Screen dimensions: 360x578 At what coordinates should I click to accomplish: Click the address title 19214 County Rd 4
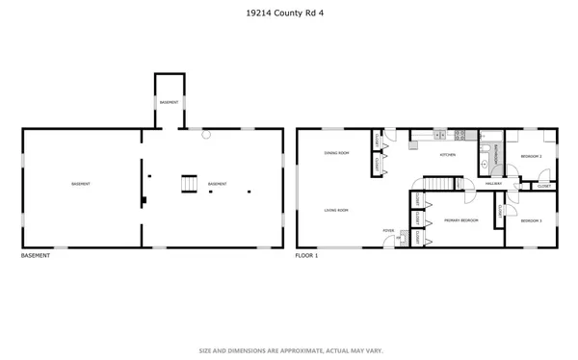tap(288, 13)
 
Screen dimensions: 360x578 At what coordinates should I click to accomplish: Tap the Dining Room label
tap(335, 153)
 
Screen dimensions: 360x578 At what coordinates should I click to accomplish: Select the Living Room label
tap(335, 209)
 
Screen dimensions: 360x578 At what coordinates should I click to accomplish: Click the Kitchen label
tap(448, 154)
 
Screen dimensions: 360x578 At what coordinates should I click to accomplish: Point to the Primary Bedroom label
tap(461, 220)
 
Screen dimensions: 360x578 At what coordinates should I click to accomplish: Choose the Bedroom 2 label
tap(531, 156)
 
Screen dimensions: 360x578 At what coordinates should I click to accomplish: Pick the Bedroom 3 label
tap(531, 220)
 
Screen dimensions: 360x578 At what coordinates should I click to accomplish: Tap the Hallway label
tap(493, 183)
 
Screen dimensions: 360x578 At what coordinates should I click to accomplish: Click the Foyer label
tap(389, 231)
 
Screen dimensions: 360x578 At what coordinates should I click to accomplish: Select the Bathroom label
tap(496, 154)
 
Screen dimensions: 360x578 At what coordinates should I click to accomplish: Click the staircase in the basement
tap(190, 183)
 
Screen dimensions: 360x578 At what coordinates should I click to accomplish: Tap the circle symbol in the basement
tap(205, 135)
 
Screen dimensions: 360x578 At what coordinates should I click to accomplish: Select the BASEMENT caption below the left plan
tap(36, 256)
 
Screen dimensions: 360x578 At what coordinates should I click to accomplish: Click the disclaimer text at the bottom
tap(288, 350)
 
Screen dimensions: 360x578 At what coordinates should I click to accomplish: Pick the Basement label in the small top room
tap(168, 102)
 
